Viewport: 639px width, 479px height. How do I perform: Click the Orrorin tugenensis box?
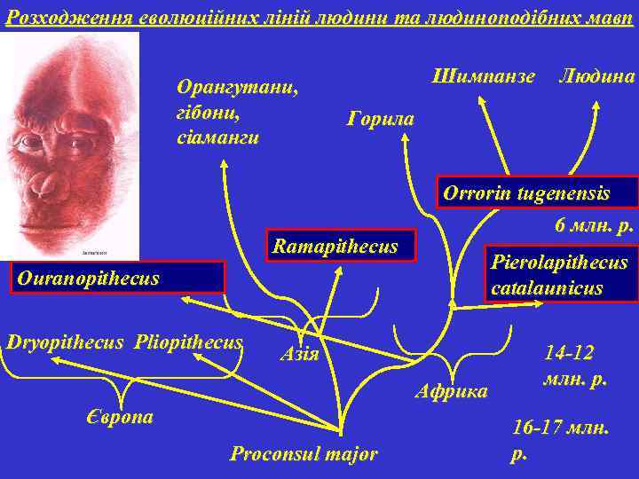click(x=526, y=194)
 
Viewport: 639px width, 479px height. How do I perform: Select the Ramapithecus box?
click(x=335, y=247)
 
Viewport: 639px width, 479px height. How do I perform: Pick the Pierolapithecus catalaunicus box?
click(x=559, y=274)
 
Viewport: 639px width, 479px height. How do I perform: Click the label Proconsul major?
click(x=304, y=455)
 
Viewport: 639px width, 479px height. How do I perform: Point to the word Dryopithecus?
click(x=65, y=342)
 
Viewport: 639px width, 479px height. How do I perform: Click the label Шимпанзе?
click(x=483, y=77)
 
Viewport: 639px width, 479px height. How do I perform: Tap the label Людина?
click(x=596, y=77)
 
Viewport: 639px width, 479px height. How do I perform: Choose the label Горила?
click(x=381, y=118)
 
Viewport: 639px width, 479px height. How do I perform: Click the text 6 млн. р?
click(x=594, y=224)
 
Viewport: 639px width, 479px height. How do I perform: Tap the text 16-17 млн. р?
click(x=559, y=438)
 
